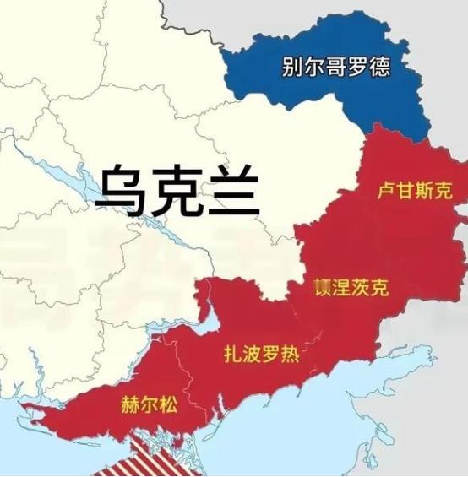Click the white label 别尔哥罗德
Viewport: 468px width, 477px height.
tap(336, 68)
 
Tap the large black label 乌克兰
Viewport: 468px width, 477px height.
tap(177, 191)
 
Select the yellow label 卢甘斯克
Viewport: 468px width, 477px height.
tap(414, 191)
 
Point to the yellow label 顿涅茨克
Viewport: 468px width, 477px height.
tap(351, 288)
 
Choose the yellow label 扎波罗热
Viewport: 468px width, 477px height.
tap(260, 352)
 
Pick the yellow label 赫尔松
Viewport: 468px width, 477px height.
tap(150, 404)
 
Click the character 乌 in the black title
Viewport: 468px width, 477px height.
tap(121, 191)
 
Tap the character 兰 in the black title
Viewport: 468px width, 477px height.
tap(231, 191)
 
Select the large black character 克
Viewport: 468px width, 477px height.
tap(177, 191)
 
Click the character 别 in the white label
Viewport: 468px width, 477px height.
tap(293, 68)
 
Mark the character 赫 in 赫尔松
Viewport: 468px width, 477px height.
tap(131, 404)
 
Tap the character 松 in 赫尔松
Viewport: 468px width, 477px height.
tap(170, 404)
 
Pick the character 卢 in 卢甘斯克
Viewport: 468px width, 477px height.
tap(386, 191)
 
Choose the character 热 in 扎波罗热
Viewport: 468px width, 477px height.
tap(289, 352)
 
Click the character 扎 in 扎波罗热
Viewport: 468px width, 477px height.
tap(231, 352)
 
